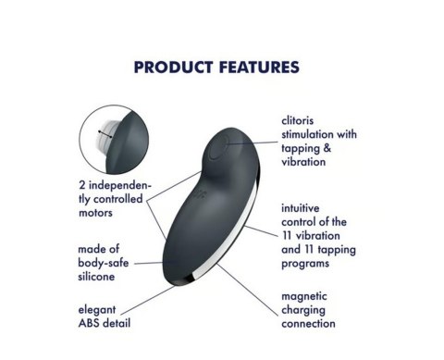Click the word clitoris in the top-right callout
click(x=301, y=120)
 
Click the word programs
click(x=307, y=263)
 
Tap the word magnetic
click(x=307, y=296)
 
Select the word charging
click(x=304, y=310)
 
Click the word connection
click(x=310, y=324)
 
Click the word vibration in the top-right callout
click(x=303, y=161)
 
